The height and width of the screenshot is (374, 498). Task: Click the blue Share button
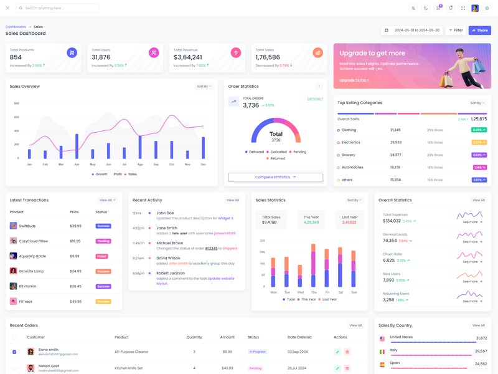(x=479, y=30)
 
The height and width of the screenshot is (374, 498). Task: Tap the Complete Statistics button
(x=275, y=177)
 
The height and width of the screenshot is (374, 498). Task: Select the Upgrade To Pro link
(x=354, y=80)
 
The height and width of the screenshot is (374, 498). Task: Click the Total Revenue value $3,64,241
(x=188, y=57)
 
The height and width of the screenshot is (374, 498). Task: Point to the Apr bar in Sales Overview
(x=77, y=146)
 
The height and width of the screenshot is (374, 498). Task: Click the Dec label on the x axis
(x=203, y=164)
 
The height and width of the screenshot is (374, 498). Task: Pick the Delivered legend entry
(x=255, y=151)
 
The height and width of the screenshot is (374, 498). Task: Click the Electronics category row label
(x=350, y=143)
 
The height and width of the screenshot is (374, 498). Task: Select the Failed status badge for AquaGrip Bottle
(x=101, y=256)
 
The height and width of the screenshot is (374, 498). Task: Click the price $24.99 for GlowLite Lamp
(x=75, y=271)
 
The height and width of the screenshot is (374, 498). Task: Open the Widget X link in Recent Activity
(x=225, y=218)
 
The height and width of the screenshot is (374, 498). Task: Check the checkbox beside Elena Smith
(x=14, y=352)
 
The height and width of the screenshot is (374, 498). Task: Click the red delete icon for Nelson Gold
(x=347, y=368)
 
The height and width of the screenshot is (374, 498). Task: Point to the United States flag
(x=382, y=338)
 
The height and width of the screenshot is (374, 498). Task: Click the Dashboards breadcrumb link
(x=16, y=27)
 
